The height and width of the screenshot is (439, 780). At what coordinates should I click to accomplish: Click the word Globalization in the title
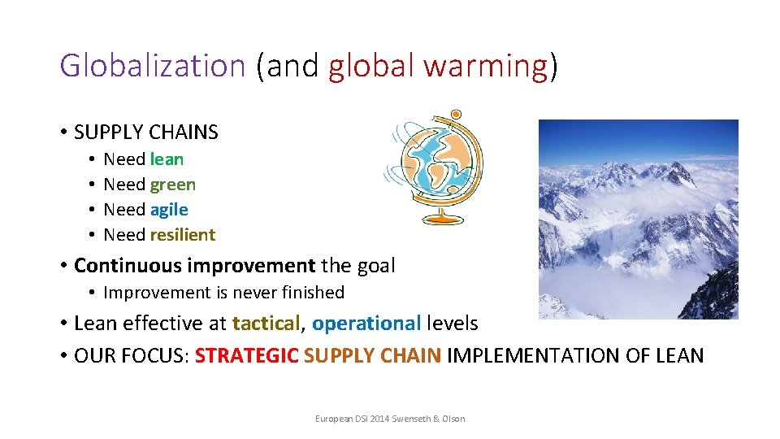tap(152, 65)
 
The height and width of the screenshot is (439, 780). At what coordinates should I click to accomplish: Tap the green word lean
tap(167, 159)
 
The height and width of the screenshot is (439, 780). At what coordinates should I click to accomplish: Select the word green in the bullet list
tap(172, 185)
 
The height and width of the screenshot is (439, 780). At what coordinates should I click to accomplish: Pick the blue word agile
tap(169, 210)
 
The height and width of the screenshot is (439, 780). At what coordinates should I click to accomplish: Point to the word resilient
tap(183, 235)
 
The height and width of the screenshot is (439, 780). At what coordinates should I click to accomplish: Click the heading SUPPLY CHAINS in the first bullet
tap(145, 132)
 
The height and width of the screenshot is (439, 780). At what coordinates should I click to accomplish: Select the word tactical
tap(266, 323)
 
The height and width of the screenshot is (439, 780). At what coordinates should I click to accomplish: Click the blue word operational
tap(366, 323)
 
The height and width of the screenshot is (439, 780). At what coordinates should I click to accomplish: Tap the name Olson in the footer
tap(452, 419)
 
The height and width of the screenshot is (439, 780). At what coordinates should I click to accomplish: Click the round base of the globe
tap(440, 218)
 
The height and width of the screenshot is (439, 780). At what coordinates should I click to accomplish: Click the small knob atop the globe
tap(456, 115)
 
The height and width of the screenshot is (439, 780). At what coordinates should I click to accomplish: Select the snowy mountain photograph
tap(638, 219)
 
